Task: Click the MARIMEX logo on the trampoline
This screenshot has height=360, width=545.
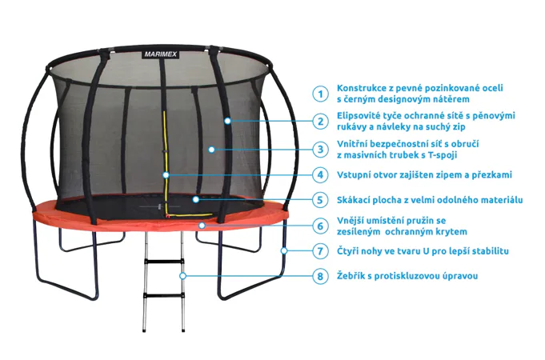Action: click(161, 54)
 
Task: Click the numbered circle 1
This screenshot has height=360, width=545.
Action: click(320, 94)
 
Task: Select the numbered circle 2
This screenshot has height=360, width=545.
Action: click(320, 122)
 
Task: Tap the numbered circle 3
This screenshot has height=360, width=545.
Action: click(320, 150)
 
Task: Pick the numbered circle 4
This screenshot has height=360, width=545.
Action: click(320, 174)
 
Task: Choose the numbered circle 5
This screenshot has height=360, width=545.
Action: click(320, 200)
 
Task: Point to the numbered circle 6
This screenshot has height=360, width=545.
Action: click(320, 226)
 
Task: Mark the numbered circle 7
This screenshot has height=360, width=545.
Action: click(320, 251)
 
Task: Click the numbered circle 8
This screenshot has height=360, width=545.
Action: click(320, 276)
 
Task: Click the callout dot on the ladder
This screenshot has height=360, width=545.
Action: click(182, 276)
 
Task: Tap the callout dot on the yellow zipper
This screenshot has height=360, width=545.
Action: click(166, 174)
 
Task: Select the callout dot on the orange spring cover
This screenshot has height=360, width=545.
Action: click(202, 226)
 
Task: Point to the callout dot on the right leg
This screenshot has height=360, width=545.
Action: click(284, 250)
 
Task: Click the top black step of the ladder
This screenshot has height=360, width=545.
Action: click(164, 262)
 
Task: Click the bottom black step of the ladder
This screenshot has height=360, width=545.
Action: click(163, 297)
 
